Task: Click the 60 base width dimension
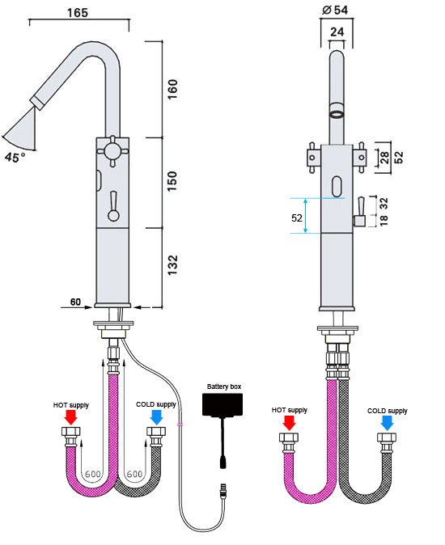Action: pos(75,302)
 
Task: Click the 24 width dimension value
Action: pos(337,32)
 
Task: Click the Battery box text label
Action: pos(224,387)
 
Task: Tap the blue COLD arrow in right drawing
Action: pos(387,421)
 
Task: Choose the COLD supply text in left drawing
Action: pos(156,404)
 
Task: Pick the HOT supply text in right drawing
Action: pos(290,410)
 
